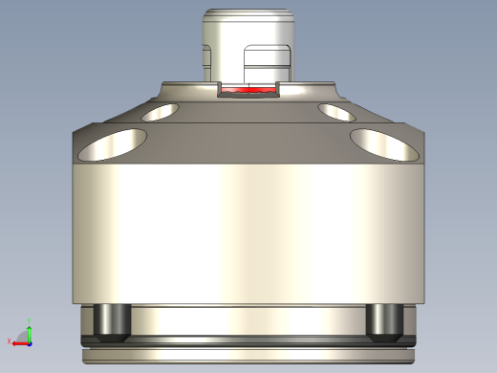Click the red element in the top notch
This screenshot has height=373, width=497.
tap(249, 92)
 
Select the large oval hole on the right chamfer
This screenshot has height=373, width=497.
tap(385, 144)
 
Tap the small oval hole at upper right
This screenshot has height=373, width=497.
tap(336, 113)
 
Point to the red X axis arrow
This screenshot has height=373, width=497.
tap(18, 341)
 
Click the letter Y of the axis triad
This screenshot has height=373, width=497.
tap(30, 321)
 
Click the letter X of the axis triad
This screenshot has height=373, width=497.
tap(10, 341)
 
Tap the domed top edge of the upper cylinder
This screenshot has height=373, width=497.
tap(248, 12)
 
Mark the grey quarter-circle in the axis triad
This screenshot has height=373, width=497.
tap(24, 336)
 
